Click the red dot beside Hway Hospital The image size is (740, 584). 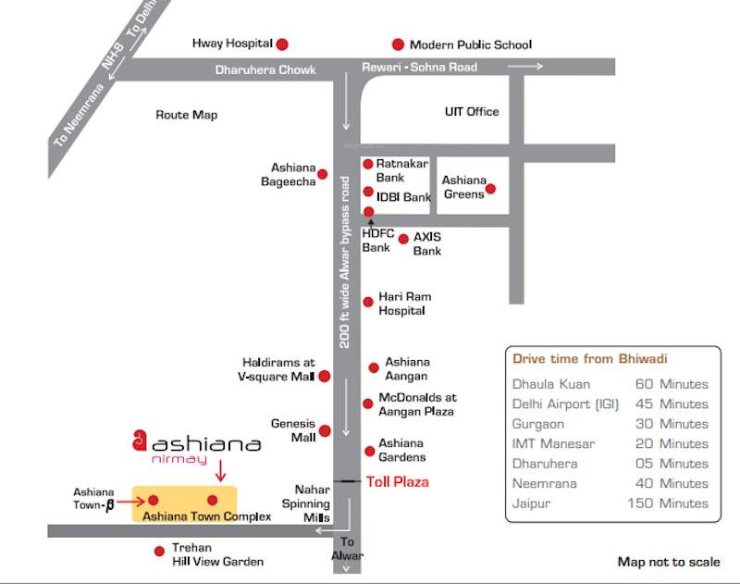pos(282,43)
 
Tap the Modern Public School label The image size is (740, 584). pos(470,44)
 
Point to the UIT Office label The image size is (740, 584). pos(472,112)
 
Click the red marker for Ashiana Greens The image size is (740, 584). pos(490,189)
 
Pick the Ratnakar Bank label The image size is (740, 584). pos(401,170)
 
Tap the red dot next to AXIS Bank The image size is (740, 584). pos(403,239)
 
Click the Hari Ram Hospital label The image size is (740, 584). pos(404,304)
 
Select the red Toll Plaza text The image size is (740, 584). pos(398,482)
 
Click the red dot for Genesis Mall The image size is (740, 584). pos(325,431)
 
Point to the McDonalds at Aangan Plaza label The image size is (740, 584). pos(416,404)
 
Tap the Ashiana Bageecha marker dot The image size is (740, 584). pos(322,174)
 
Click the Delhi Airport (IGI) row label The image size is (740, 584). pos(565,404)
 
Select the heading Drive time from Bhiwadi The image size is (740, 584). pos(589,358)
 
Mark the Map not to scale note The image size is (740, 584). pos(668,562)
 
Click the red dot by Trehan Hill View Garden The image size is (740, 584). pos(159,552)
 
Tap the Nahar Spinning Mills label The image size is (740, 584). pos(312,503)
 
